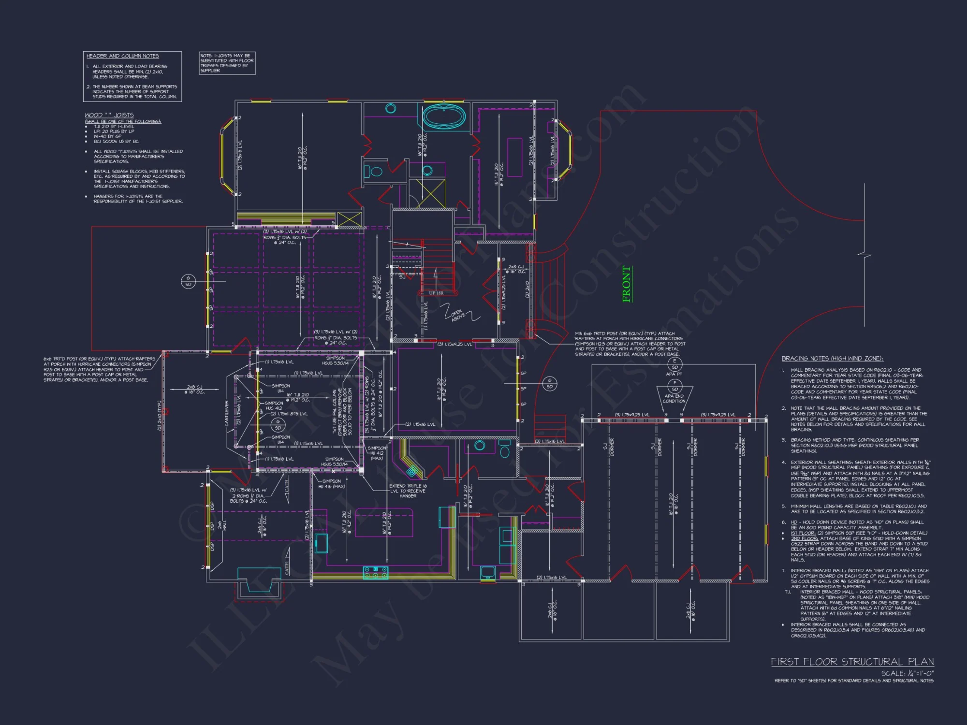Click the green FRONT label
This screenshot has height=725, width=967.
627,284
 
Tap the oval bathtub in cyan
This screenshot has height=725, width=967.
444,116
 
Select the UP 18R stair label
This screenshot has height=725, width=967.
436,293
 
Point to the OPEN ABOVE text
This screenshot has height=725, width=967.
458,315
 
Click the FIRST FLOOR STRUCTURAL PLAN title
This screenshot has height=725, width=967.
852,661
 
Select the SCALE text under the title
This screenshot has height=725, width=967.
907,673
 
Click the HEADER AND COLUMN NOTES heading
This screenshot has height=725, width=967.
122,56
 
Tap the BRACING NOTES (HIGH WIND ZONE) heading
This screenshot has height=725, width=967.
832,358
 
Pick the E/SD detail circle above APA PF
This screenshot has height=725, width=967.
674,364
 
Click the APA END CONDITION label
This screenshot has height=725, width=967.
674,398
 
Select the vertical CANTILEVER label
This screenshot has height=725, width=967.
226,413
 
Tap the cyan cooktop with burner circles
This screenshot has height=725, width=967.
376,573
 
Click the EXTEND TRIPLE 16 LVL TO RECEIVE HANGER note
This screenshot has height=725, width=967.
408,491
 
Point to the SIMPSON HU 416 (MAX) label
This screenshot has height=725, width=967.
331,483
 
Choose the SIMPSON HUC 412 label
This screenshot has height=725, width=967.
274,406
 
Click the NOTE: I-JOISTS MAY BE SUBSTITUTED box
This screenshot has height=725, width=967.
227,63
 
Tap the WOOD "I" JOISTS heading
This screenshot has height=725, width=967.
109,115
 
